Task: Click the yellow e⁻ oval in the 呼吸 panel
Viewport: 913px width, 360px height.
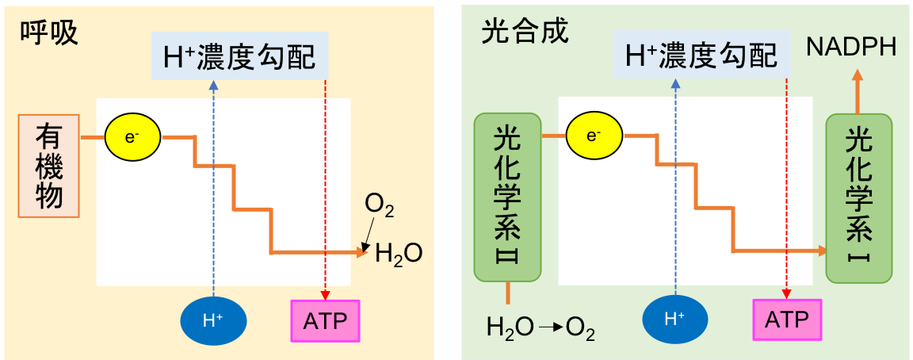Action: [x=132, y=136]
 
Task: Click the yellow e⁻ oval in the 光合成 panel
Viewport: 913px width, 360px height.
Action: [x=594, y=136]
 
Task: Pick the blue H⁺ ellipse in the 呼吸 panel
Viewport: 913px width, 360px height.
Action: [x=213, y=321]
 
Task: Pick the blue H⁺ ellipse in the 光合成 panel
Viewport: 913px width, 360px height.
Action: [x=674, y=320]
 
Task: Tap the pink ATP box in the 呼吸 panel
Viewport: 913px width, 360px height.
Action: [x=325, y=320]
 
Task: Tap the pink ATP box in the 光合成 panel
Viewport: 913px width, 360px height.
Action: [x=786, y=320]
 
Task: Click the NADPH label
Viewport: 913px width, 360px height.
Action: [x=851, y=48]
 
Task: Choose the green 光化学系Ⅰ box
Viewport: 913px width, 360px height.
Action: [x=859, y=198]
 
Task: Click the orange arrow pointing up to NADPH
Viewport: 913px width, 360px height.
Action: [x=858, y=91]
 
